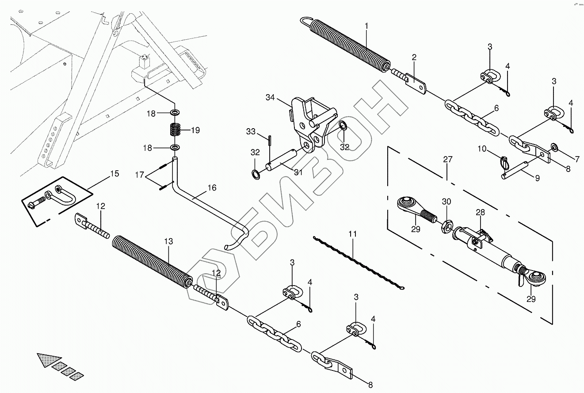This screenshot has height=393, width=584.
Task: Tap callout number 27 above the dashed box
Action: (448, 160)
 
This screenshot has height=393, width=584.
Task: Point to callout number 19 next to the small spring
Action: (195, 130)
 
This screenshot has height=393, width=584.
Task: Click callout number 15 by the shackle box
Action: (114, 174)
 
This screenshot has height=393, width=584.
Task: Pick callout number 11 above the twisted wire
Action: (352, 233)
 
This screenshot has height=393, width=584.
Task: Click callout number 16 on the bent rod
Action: (212, 188)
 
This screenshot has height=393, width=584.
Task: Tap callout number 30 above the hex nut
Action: (447, 201)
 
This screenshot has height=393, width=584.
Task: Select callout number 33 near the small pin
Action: (251, 131)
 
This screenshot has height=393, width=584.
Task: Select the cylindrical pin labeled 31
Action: (283, 160)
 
